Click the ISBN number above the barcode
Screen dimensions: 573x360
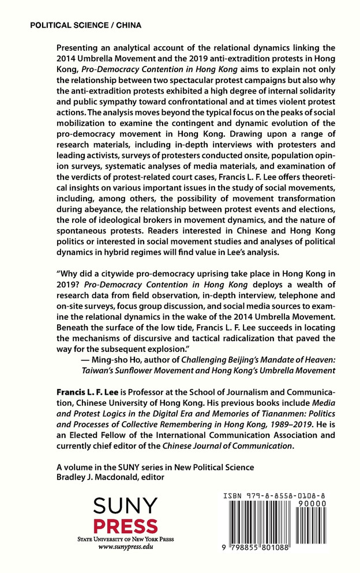(277, 495)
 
